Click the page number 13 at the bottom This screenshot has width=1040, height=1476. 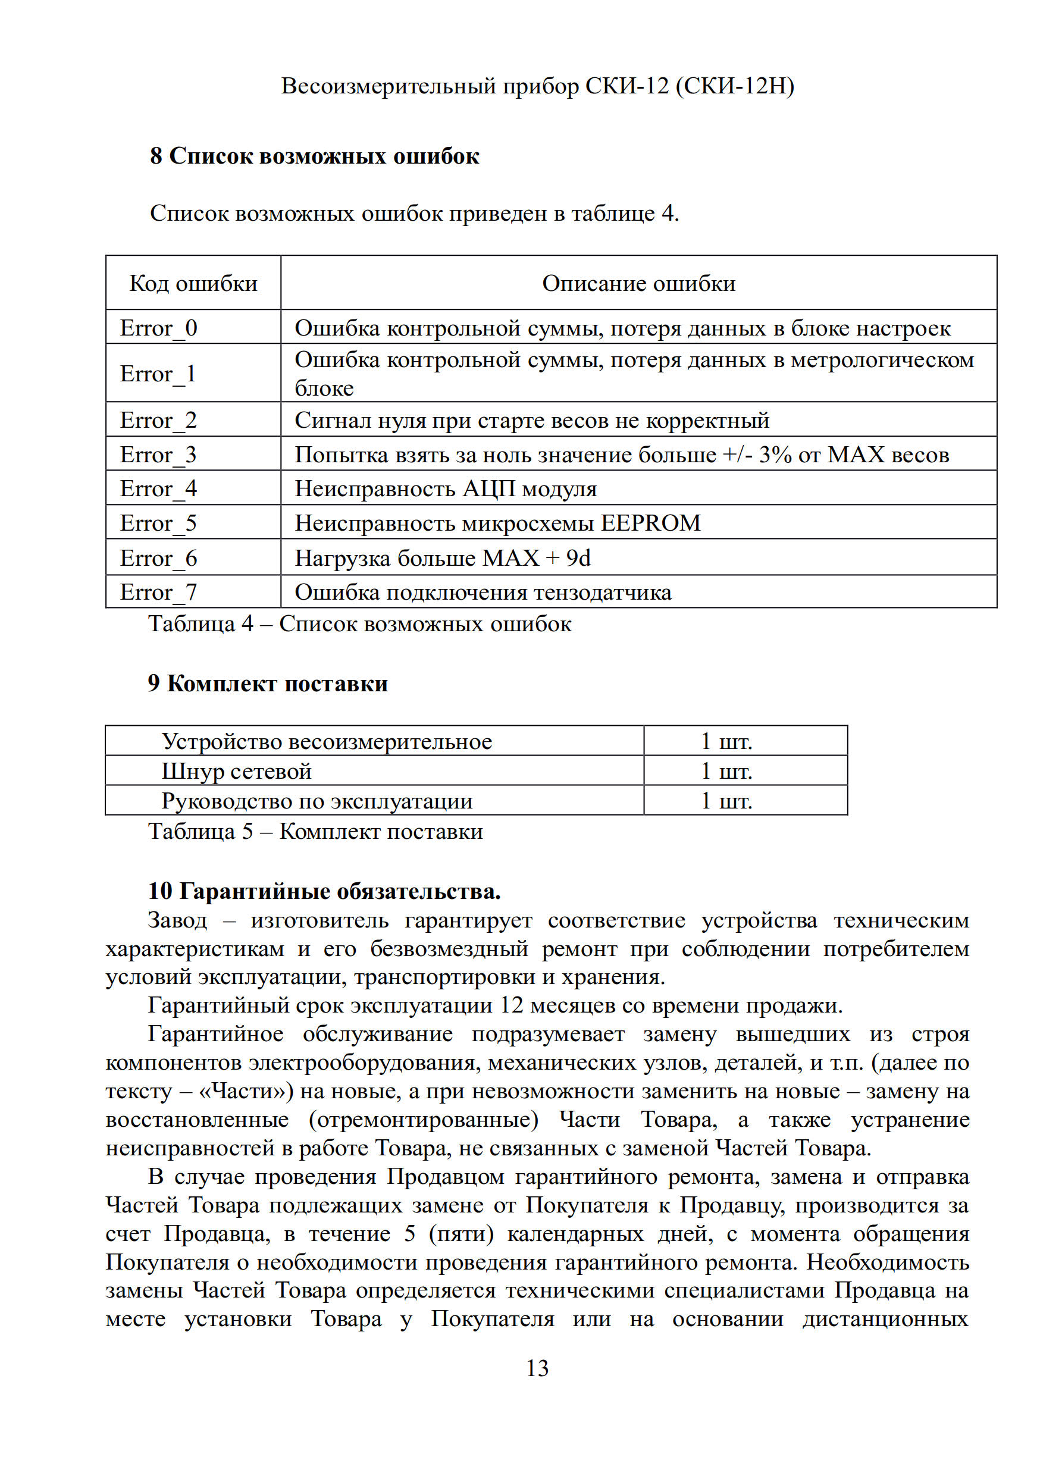coord(537,1368)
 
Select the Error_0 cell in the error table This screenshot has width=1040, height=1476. coord(159,328)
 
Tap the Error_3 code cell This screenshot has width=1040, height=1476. coord(159,455)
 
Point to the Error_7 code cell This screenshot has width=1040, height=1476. coord(159,592)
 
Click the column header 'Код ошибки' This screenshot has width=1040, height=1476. coord(193,284)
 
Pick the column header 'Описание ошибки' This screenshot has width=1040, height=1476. coord(638,284)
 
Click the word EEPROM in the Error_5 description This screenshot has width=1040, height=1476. coord(650,523)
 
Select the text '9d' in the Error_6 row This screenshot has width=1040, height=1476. coord(578,558)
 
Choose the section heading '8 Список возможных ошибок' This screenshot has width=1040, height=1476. coord(314,156)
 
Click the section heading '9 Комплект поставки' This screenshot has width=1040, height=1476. coord(268,684)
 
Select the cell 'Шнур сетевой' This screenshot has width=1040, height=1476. coord(237,771)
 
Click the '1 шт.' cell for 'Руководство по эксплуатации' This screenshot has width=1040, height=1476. coord(726,801)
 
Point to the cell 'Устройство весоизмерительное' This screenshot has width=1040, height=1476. coord(327,741)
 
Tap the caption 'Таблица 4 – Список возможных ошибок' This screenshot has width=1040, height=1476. coord(360,623)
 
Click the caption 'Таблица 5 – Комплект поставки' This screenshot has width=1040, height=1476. coord(315,831)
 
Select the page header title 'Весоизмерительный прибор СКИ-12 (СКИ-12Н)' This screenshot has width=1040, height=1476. coord(537,86)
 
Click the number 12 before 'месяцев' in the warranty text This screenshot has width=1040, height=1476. coord(512,1005)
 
